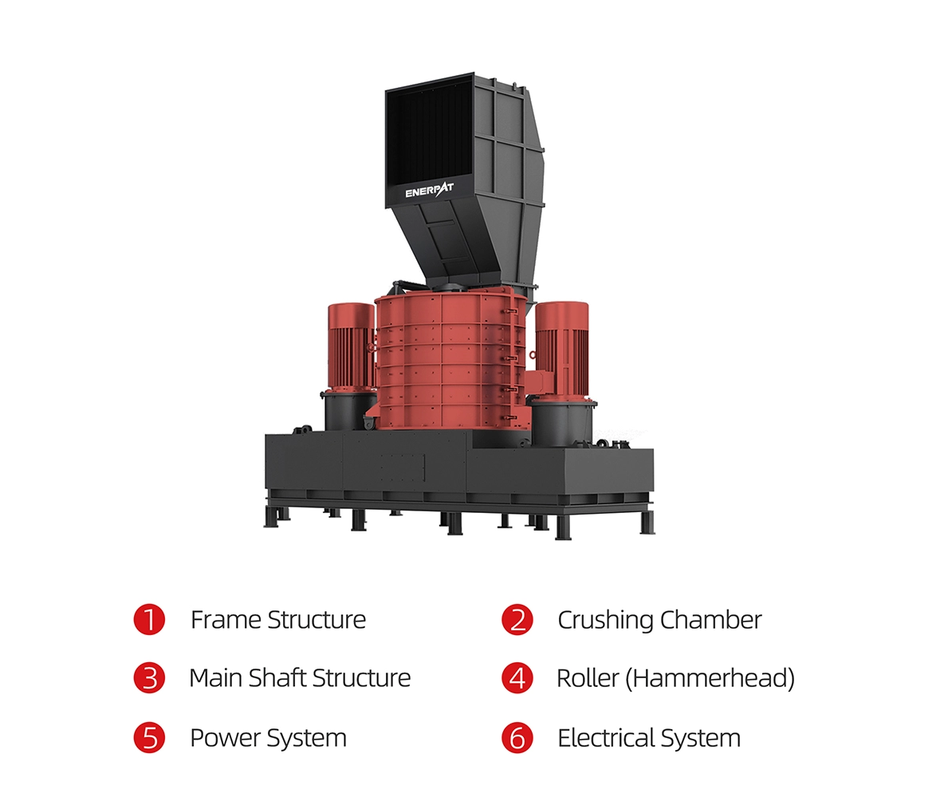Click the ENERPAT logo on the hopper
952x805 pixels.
click(429, 191)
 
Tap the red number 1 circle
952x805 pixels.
click(149, 620)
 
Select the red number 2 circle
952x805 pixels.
click(517, 620)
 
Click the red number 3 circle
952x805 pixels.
click(149, 678)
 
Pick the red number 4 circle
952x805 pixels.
click(517, 678)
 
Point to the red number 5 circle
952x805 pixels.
click(149, 737)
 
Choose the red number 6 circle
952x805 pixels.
click(517, 737)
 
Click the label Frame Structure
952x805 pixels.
click(278, 620)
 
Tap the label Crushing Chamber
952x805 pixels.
click(659, 621)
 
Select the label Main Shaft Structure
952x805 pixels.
click(300, 678)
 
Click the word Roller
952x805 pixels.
click(588, 678)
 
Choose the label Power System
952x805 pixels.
click(269, 738)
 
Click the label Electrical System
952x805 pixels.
click(649, 738)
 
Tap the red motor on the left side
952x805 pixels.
click(351, 346)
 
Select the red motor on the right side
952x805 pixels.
click(561, 349)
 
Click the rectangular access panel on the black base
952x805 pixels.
click(402, 468)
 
